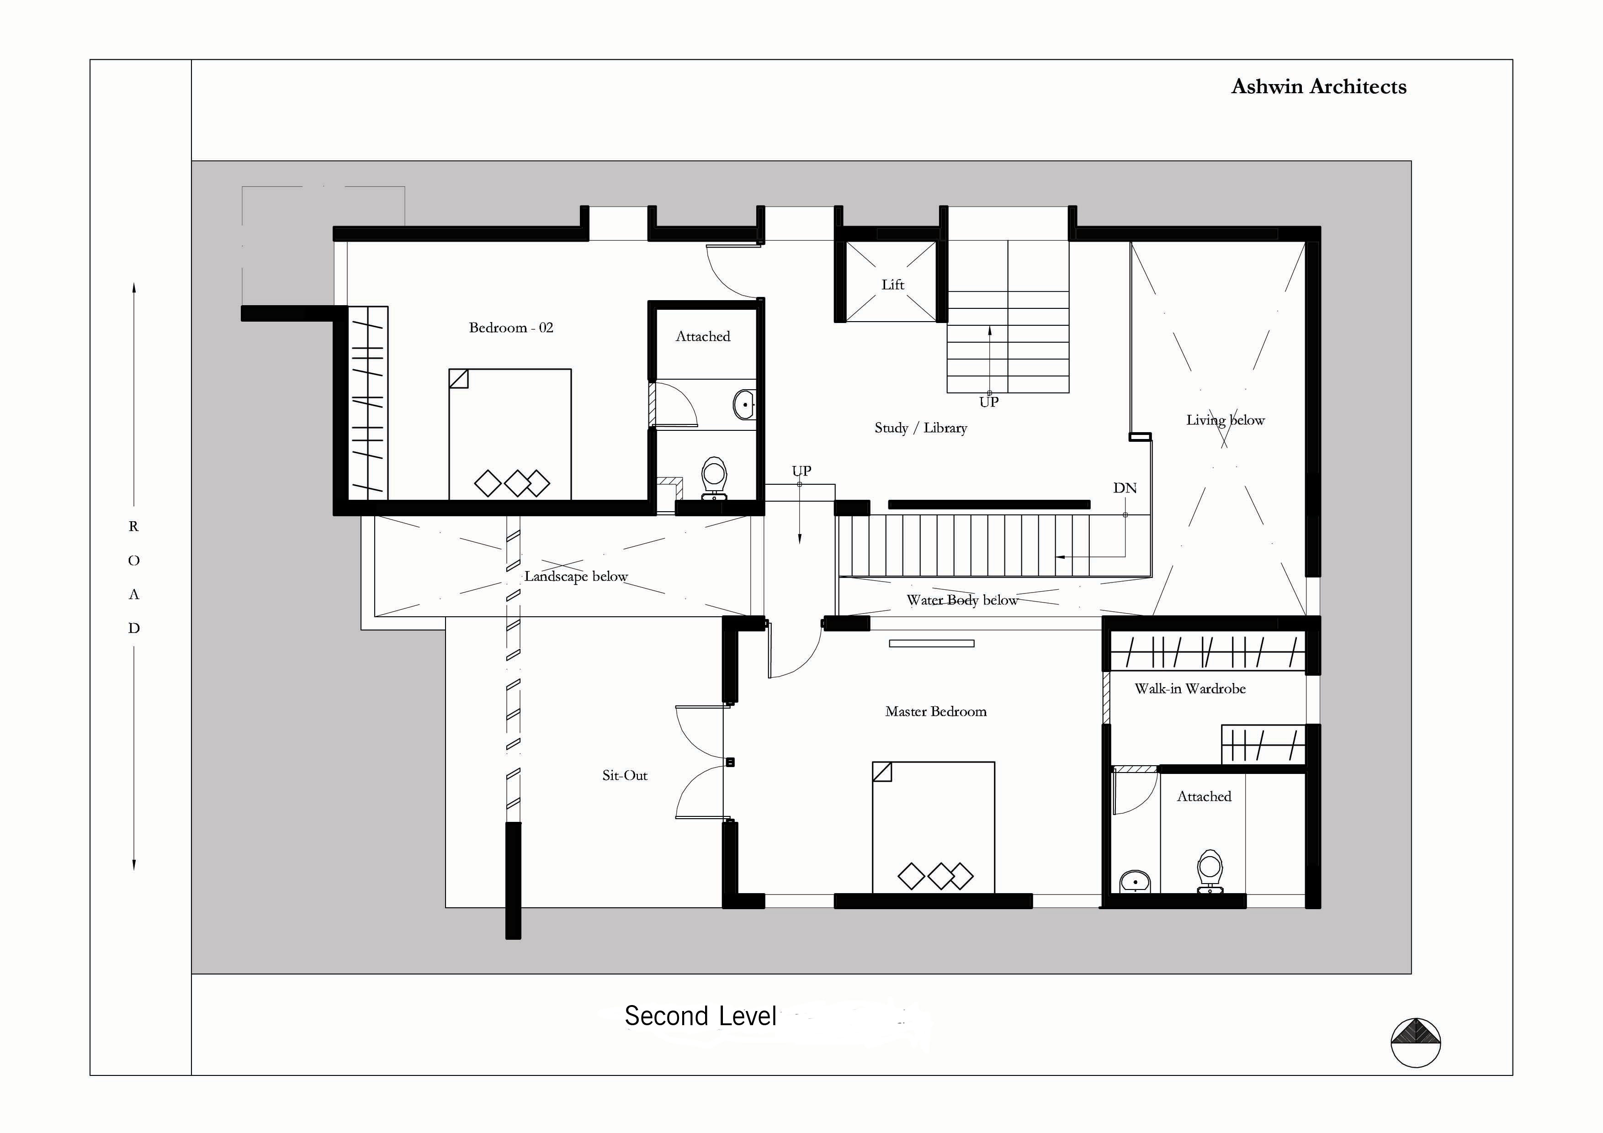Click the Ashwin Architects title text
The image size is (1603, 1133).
(x=1318, y=86)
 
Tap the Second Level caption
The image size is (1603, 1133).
(x=700, y=1016)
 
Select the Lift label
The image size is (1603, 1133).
(x=892, y=284)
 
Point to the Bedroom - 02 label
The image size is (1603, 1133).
(x=511, y=328)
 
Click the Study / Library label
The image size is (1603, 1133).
(x=921, y=428)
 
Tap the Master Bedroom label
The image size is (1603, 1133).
(x=935, y=711)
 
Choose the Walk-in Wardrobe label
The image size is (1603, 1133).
(x=1189, y=688)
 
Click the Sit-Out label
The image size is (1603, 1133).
(x=625, y=775)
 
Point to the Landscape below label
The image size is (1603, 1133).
(x=576, y=577)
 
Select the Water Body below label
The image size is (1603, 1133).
(x=962, y=600)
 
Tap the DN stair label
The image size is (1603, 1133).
(x=1125, y=488)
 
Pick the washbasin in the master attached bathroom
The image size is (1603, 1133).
(x=1135, y=882)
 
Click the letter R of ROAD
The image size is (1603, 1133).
(x=133, y=526)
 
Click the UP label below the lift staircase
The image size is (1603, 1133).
(x=988, y=402)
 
